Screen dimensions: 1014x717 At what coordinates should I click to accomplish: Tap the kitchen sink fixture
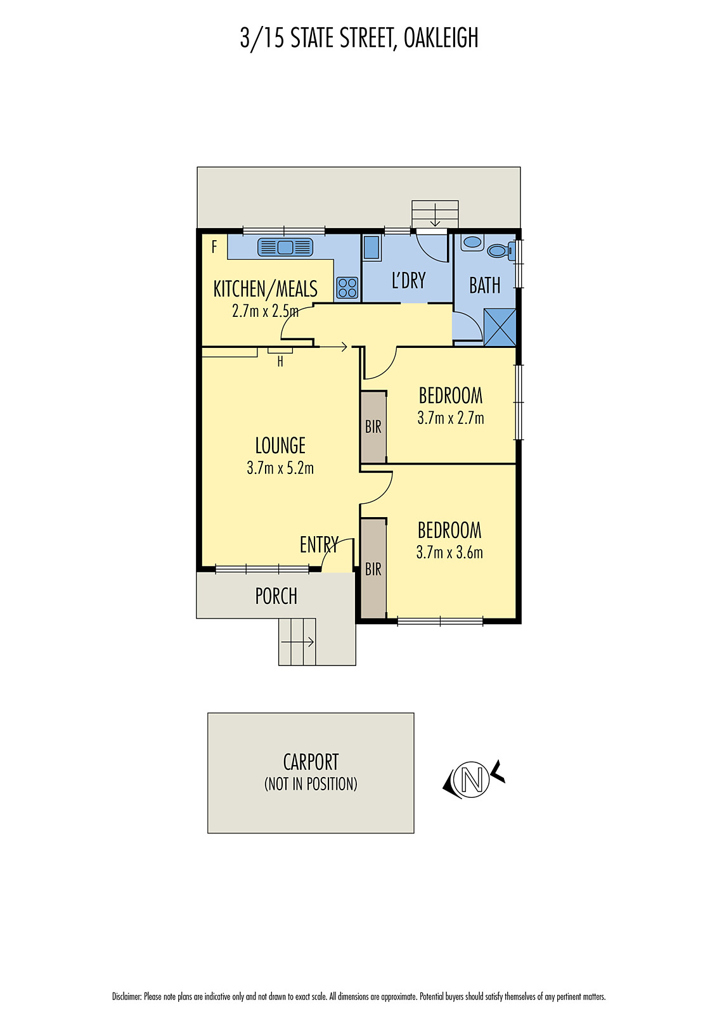click(x=285, y=247)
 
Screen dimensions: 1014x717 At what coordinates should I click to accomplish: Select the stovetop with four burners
click(x=347, y=288)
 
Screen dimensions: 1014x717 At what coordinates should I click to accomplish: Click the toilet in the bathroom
click(x=500, y=251)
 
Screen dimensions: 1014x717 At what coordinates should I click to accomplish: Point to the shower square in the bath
click(x=500, y=327)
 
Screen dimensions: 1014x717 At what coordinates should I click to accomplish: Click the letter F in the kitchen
click(x=214, y=247)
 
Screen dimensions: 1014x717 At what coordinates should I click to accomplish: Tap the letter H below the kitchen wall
click(x=280, y=362)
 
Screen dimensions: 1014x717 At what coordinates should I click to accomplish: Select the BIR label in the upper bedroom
click(x=373, y=427)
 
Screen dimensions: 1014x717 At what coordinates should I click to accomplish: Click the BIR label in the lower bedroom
click(x=373, y=569)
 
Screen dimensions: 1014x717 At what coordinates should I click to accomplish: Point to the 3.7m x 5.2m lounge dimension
click(x=280, y=468)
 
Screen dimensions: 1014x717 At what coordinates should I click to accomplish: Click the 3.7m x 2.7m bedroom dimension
click(x=450, y=418)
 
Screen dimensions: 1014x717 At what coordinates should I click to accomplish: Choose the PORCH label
click(x=276, y=596)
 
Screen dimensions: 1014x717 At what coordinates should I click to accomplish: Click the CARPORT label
click(x=311, y=762)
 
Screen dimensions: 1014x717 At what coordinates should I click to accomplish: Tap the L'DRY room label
click(x=408, y=281)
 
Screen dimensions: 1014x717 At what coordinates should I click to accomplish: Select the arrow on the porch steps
click(x=298, y=642)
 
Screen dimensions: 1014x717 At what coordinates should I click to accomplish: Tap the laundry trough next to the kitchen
click(x=371, y=248)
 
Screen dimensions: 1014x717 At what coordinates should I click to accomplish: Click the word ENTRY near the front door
click(x=319, y=544)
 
